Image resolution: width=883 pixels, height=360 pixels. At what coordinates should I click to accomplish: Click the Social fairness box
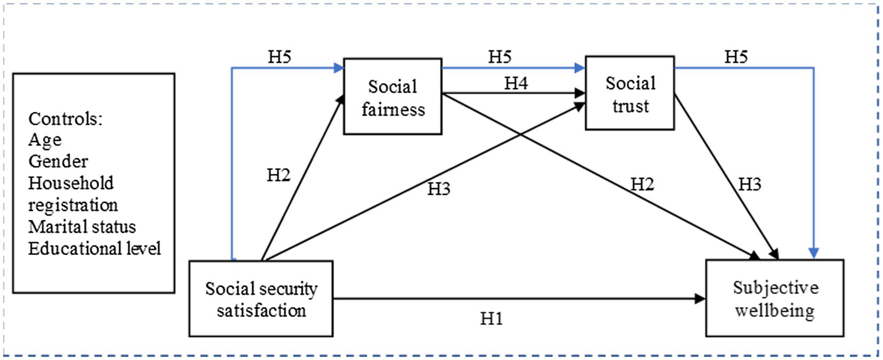tap(393, 97)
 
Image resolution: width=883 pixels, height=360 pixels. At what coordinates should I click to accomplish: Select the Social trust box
tap(630, 93)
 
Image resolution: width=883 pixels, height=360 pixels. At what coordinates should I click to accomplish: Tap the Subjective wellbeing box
tap(774, 298)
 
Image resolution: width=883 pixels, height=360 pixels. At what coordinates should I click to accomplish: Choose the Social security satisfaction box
tap(261, 298)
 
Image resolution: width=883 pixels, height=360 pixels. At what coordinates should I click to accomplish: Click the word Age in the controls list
tap(45, 140)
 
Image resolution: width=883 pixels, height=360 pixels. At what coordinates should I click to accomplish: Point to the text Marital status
tap(82, 226)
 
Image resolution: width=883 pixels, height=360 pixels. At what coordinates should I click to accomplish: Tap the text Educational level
tap(95, 248)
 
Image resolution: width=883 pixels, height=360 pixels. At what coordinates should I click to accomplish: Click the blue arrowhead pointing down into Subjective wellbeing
tap(815, 253)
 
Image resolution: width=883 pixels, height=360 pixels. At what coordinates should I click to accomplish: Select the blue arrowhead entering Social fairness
tap(338, 68)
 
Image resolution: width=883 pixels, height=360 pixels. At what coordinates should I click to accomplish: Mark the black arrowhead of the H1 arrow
tap(700, 298)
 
